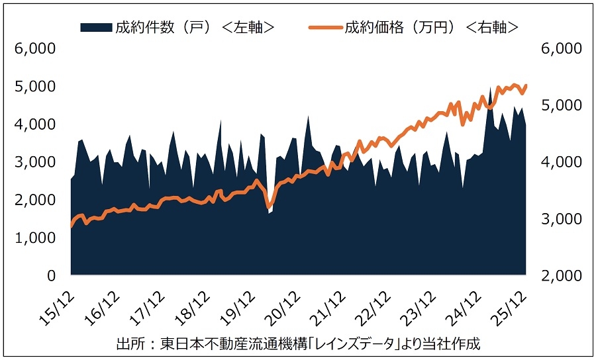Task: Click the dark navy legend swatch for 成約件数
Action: [95, 27]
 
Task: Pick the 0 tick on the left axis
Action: [51, 275]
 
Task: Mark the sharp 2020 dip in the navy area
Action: [269, 212]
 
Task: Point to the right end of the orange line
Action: [526, 85]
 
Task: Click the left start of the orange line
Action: [71, 226]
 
